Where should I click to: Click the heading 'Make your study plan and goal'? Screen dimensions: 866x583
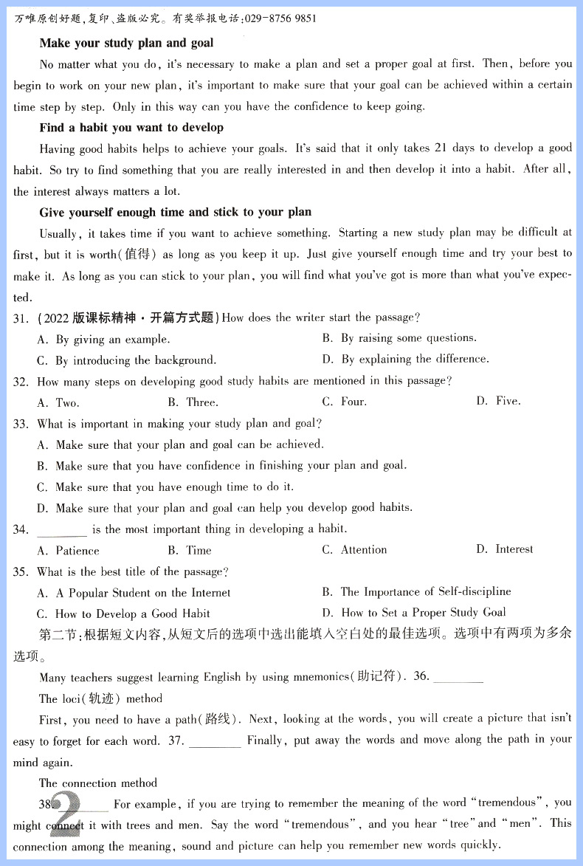click(126, 43)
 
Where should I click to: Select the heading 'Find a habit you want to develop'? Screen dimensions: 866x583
click(131, 127)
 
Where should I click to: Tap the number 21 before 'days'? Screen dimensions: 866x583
click(441, 148)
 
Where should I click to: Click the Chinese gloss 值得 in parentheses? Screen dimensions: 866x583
click(138, 255)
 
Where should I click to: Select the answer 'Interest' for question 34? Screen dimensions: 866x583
click(514, 549)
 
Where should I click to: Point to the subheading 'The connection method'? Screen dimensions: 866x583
click(98, 783)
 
